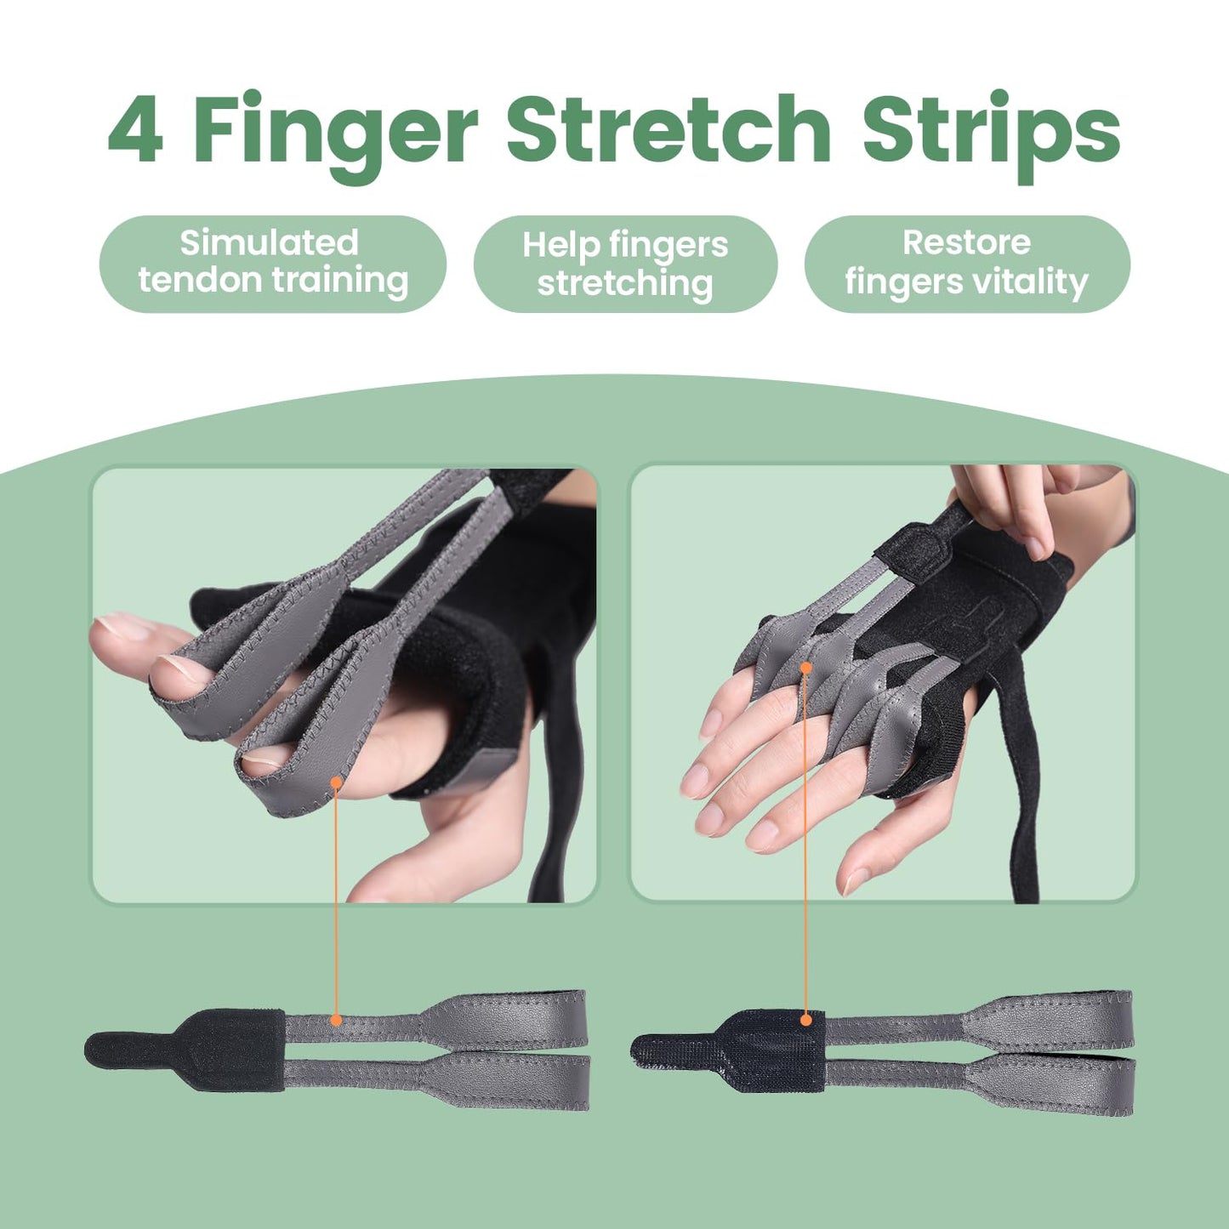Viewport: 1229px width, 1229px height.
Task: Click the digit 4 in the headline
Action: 136,129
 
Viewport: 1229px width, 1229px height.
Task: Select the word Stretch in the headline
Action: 669,129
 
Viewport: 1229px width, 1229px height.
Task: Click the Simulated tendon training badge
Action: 272,264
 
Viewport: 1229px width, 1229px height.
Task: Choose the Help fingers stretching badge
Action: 625,265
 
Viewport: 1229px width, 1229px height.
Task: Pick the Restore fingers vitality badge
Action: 967,264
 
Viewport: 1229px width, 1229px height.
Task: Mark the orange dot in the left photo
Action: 337,782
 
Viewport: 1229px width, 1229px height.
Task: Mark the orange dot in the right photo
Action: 805,669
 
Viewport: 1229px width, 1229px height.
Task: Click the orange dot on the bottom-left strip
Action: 336,1020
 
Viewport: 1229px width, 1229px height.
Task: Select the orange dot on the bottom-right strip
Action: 806,1019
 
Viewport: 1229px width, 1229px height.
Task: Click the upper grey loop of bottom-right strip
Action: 1055,1019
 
